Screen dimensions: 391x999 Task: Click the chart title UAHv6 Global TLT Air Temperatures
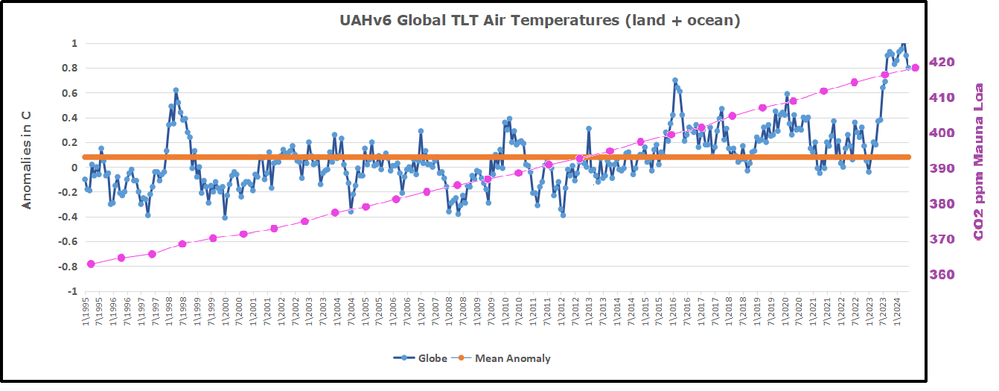pyautogui.click(x=540, y=21)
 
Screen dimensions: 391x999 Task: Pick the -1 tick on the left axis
pyautogui.click(x=71, y=291)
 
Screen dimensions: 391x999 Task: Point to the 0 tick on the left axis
pyautogui.click(x=74, y=167)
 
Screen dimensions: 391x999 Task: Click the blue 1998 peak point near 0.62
pyautogui.click(x=176, y=90)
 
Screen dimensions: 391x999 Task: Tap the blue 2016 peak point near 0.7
pyautogui.click(x=674, y=80)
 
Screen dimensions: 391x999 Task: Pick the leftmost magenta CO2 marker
pyautogui.click(x=91, y=264)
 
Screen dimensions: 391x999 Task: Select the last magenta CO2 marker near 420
pyautogui.click(x=916, y=68)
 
